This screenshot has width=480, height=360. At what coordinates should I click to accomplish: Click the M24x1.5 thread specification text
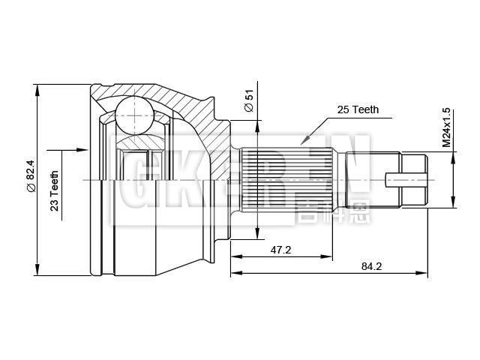tap(446, 127)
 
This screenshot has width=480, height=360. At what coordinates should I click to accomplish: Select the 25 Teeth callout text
tap(358, 109)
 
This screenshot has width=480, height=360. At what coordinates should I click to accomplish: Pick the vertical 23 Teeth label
tap(55, 191)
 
